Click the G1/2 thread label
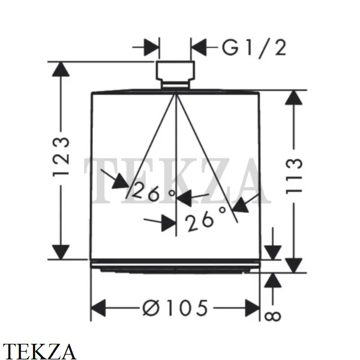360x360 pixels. [254, 48]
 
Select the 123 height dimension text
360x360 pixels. [61, 157]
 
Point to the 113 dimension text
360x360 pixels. [294, 176]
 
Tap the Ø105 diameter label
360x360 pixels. [175, 308]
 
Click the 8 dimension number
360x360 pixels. [273, 316]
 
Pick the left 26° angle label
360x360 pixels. [152, 192]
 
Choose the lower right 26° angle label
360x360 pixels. [205, 218]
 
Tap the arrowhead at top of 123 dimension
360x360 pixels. [61, 69]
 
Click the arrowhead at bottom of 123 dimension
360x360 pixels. [61, 252]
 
